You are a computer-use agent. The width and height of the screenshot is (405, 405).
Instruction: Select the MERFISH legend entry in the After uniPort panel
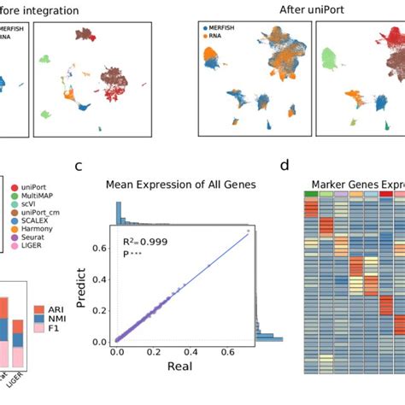[x=224, y=30]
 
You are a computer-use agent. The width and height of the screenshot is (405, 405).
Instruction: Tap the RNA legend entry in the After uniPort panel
[x=217, y=38]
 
